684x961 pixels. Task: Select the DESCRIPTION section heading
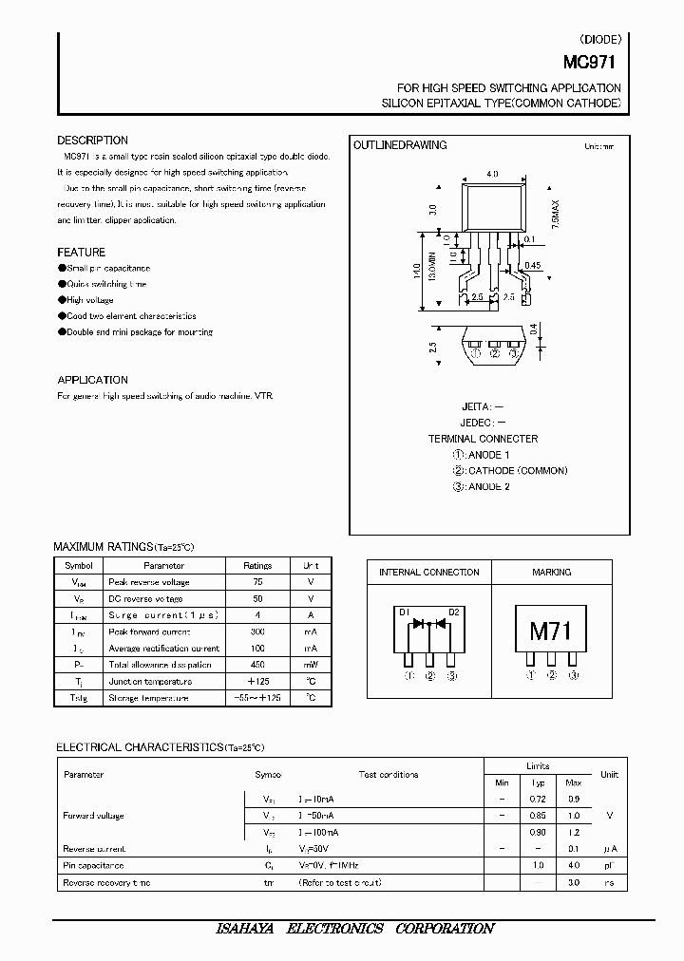click(92, 141)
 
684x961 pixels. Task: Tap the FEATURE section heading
click(82, 253)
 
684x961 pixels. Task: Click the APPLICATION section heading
click(92, 380)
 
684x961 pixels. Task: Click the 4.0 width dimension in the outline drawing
click(492, 175)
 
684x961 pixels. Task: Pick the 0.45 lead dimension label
click(533, 265)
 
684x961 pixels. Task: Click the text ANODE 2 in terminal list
click(488, 487)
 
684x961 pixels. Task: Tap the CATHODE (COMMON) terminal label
click(518, 471)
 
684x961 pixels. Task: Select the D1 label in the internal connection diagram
click(403, 612)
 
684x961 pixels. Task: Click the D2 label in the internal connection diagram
click(454, 612)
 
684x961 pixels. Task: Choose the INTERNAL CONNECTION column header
click(428, 573)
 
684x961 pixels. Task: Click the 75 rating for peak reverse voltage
click(257, 582)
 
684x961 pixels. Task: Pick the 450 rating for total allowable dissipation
click(257, 665)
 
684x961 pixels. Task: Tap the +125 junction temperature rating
click(257, 682)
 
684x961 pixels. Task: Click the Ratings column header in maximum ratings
click(257, 565)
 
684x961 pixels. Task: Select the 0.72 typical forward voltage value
click(538, 800)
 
